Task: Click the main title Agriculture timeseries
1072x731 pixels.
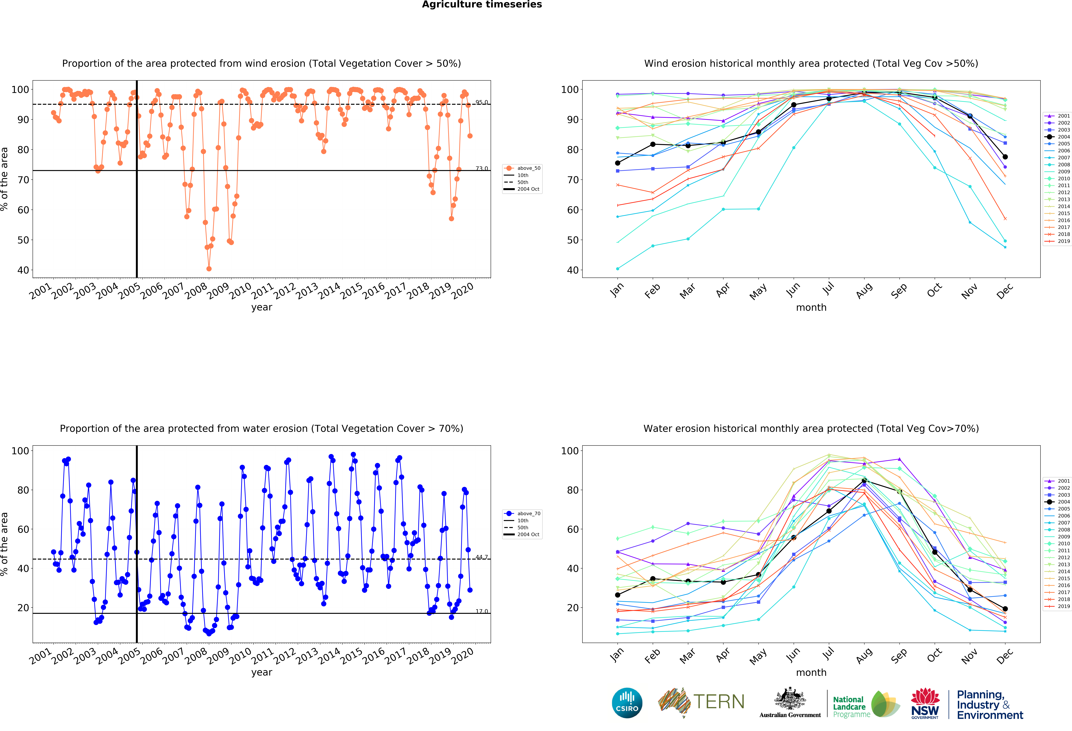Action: pyautogui.click(x=482, y=5)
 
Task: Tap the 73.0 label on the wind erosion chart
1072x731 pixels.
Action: pyautogui.click(x=482, y=168)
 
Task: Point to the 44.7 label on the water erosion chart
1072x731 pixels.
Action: pyautogui.click(x=482, y=557)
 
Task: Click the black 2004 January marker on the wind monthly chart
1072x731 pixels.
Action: pyautogui.click(x=618, y=163)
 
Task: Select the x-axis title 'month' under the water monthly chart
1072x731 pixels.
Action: pyautogui.click(x=811, y=672)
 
